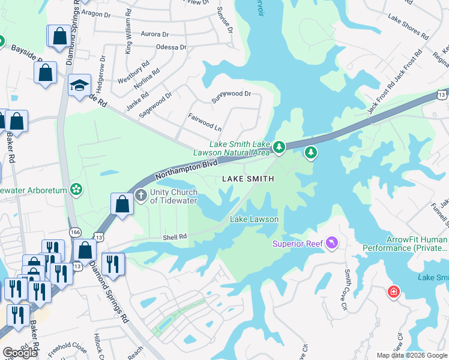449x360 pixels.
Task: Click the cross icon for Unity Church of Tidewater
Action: (x=140, y=194)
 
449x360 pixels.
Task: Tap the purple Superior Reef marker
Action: (x=331, y=243)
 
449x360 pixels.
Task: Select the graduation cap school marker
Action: (x=79, y=86)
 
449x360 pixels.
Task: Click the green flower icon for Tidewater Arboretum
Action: (x=76, y=190)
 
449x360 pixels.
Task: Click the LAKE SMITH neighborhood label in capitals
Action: (x=248, y=179)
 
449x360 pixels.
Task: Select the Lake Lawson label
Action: (x=255, y=219)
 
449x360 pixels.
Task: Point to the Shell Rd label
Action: (x=175, y=238)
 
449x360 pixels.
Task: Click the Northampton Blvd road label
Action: (x=185, y=169)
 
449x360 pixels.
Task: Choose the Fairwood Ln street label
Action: (x=205, y=123)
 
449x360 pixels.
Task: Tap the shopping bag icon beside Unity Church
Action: (x=122, y=204)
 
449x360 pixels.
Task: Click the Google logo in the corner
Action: (x=20, y=352)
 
